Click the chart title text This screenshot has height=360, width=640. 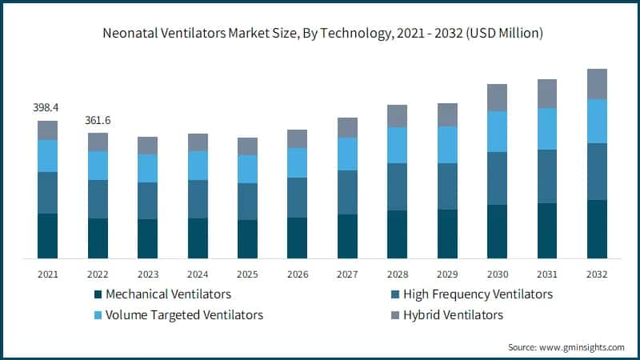click(x=320, y=34)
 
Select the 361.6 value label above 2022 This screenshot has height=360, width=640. click(x=98, y=120)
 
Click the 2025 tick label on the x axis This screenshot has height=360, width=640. click(x=247, y=274)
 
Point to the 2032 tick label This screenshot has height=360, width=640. click(x=597, y=274)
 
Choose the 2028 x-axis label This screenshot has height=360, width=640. click(x=398, y=274)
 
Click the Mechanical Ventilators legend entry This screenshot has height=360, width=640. click(x=168, y=294)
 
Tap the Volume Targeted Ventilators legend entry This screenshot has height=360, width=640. click(x=184, y=314)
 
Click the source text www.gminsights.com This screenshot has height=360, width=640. click(x=566, y=347)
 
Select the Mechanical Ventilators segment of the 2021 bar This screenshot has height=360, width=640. click(x=47, y=236)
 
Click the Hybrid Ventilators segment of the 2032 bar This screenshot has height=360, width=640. click(x=597, y=84)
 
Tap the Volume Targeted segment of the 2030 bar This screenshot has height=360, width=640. click(x=497, y=131)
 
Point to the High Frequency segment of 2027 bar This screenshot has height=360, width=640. click(x=347, y=192)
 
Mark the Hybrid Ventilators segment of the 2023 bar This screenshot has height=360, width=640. click(x=147, y=145)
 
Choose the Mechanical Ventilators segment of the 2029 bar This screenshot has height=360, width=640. click(x=447, y=234)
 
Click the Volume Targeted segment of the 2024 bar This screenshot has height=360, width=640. click(x=198, y=166)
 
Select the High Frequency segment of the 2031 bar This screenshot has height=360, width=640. click(x=547, y=176)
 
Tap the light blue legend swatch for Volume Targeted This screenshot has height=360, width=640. click(x=98, y=315)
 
